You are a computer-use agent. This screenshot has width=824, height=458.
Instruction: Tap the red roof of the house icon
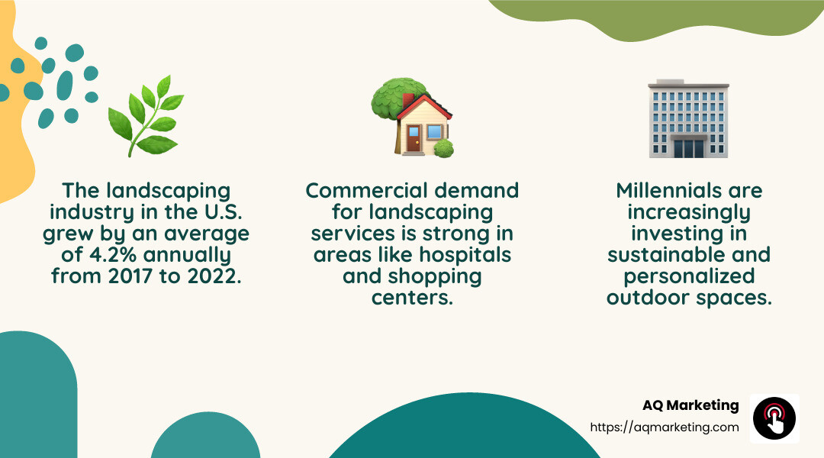tap(424, 108)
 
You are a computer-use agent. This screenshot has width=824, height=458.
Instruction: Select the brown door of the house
tap(414, 140)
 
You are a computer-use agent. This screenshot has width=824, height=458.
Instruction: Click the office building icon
tap(687, 118)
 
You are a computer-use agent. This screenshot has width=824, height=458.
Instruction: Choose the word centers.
tap(412, 297)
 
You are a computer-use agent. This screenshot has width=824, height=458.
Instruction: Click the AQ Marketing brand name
tap(690, 405)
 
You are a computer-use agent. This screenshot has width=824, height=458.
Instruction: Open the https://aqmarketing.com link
tap(665, 427)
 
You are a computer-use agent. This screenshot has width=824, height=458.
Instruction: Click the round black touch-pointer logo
tap(774, 418)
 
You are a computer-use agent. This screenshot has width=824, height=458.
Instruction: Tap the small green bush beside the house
tap(443, 149)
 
